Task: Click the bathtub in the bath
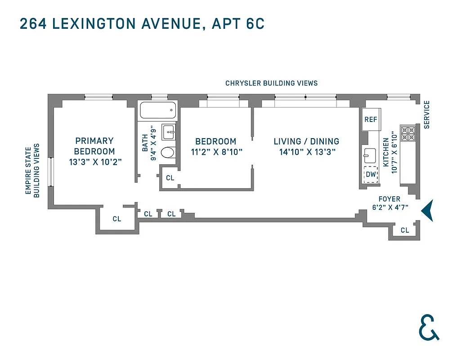[158, 110]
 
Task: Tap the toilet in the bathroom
[168, 153]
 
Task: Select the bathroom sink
[169, 132]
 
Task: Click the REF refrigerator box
[371, 119]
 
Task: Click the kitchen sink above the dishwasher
[370, 155]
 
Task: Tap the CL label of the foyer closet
[405, 230]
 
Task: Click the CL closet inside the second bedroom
[170, 178]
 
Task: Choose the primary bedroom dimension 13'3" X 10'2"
[95, 162]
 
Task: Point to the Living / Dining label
[306, 141]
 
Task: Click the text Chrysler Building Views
[271, 83]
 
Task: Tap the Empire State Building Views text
[32, 171]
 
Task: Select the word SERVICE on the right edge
[427, 114]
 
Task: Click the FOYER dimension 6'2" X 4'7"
[389, 208]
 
